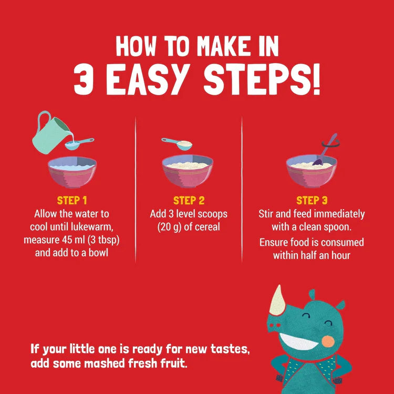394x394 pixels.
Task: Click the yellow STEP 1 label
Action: [72, 201]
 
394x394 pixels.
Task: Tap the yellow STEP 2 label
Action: [189, 201]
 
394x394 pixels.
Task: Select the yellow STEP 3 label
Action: [312, 201]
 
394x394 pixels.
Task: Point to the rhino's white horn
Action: [278, 302]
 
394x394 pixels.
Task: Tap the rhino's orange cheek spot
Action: [328, 341]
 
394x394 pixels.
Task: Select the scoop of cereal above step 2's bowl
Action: [177, 144]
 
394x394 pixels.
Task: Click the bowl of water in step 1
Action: [72, 172]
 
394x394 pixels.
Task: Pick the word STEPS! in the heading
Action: [262, 79]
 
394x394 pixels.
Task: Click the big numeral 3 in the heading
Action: [84, 79]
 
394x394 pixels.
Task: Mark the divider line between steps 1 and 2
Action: [136, 190]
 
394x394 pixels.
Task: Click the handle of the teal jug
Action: [43, 121]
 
